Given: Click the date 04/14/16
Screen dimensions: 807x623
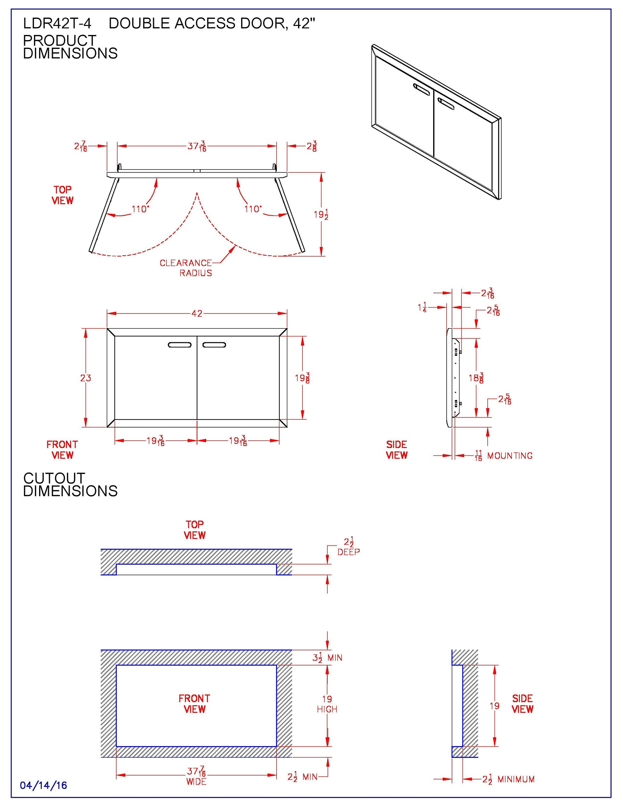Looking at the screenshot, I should [44, 785].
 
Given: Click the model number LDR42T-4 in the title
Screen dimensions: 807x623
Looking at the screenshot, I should [57, 24].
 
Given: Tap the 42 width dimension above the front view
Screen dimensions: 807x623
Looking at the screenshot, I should [197, 313].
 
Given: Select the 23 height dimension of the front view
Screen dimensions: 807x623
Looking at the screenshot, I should [85, 378].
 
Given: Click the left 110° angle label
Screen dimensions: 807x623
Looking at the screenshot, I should [140, 209].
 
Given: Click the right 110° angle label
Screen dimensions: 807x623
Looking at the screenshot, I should [253, 209].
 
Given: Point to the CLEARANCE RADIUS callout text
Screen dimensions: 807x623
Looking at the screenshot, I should [186, 268].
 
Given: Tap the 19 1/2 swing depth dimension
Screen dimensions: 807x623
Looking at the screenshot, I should [321, 214].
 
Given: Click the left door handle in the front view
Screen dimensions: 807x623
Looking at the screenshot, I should [180, 345].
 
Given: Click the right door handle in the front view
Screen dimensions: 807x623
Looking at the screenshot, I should [214, 345].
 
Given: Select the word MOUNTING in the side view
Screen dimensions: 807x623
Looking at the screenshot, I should [510, 456].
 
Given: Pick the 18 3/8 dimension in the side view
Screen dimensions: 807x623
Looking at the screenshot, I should [476, 378].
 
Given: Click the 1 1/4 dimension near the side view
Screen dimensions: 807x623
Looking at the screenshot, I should [422, 307].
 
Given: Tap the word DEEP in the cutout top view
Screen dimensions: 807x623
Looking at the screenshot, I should [348, 552].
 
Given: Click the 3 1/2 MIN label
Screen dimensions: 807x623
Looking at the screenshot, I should [327, 658].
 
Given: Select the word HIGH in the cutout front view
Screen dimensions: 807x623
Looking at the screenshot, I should [327, 709].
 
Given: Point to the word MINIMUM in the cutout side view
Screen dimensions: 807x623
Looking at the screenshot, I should [516, 779].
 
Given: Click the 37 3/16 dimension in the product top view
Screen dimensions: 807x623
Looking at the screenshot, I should [197, 146].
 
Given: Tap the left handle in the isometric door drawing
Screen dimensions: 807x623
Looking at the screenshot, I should [421, 89].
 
